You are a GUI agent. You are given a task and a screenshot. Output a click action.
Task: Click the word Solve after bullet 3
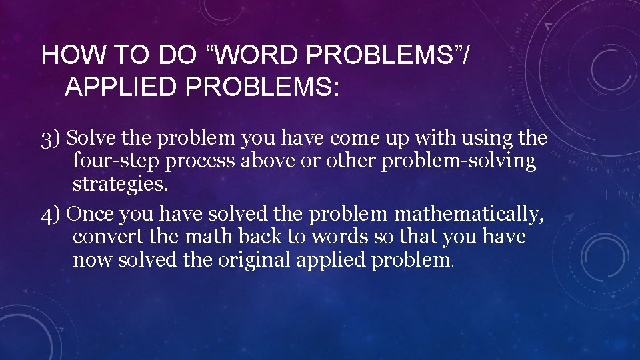90,139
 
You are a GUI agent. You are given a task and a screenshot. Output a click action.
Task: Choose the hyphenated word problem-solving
459,162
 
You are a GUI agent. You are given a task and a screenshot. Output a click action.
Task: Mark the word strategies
120,184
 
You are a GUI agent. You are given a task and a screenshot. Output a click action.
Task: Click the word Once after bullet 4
91,215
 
